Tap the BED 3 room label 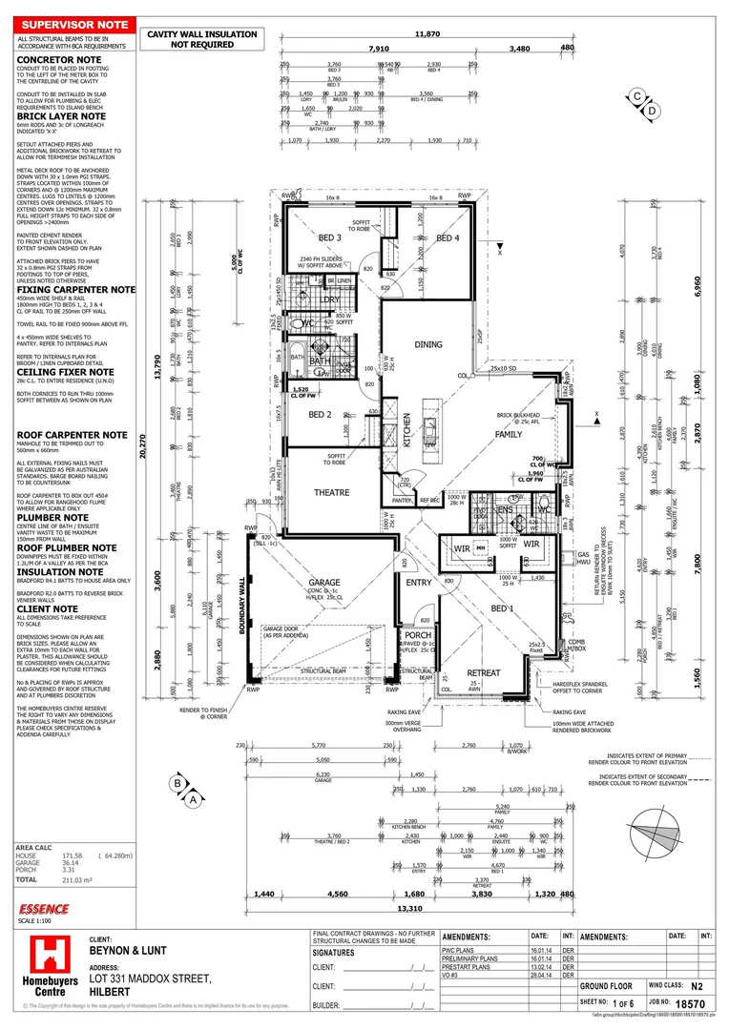coord(330,237)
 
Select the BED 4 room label coord(448,237)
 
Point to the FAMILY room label coord(509,434)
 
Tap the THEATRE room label coord(333,492)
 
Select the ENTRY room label coord(419,583)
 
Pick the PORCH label coord(418,635)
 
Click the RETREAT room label coord(483,673)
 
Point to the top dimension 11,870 coord(427,34)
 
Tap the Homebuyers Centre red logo coord(47,966)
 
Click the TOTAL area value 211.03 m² coord(74,879)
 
